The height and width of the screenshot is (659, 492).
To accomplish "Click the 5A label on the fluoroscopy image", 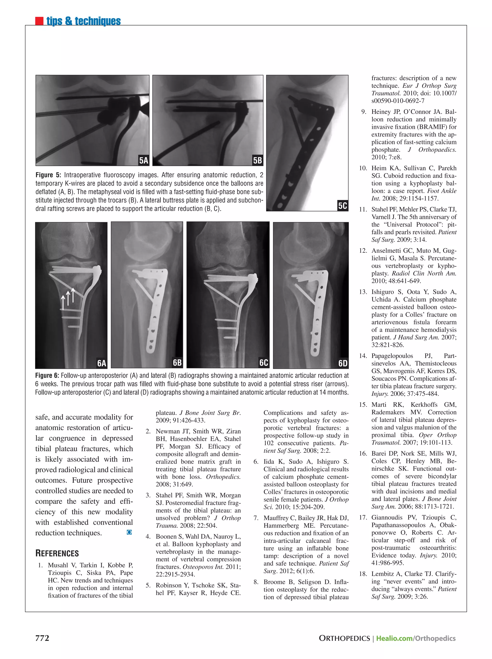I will (143, 160).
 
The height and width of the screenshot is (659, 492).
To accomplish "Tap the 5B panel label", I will (257, 160).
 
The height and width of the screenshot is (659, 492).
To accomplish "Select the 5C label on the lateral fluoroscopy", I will (342, 206).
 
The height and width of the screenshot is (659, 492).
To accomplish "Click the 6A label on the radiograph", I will (101, 363).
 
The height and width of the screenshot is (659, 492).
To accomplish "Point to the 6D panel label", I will (343, 363).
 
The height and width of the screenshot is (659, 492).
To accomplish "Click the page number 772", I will (42, 638).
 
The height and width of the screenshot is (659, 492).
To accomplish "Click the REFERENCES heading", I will (57, 553).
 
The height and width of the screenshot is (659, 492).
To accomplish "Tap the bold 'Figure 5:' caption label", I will (48, 175).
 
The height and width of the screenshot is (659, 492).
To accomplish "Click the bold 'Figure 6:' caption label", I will (47, 375).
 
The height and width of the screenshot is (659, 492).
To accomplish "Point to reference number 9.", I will (364, 112).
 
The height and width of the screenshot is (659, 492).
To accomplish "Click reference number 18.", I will (363, 574).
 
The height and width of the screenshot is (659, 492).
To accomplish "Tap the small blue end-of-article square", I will (129, 532).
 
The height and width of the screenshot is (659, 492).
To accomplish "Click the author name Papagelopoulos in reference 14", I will (392, 356).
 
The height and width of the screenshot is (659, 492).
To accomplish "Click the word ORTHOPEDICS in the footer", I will (344, 638).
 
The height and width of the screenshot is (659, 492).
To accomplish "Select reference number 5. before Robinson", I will (148, 585).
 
